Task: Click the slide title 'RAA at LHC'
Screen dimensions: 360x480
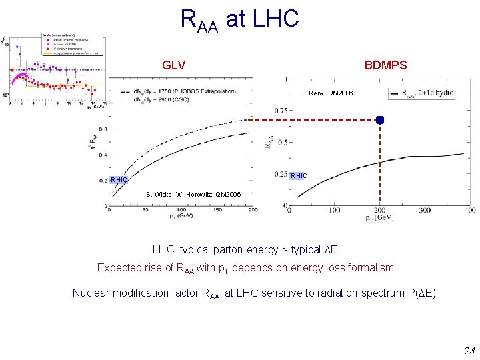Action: click(240, 19)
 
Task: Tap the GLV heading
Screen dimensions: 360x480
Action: click(173, 65)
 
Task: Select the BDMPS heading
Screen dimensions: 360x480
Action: click(385, 65)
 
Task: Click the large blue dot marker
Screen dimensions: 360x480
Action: click(379, 120)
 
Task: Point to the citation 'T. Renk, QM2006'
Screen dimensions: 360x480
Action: click(327, 93)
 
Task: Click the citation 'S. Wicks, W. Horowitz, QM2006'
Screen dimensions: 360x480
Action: click(193, 195)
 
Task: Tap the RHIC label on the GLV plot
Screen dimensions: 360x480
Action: click(119, 180)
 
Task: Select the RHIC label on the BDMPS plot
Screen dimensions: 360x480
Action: click(299, 175)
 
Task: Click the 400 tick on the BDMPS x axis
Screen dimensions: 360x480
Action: click(469, 211)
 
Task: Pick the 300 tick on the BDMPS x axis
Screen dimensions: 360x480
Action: click(424, 211)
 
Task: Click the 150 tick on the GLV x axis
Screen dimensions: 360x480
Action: click(218, 210)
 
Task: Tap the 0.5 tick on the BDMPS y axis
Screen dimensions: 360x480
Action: click(282, 142)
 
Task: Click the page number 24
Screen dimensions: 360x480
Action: click(469, 351)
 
